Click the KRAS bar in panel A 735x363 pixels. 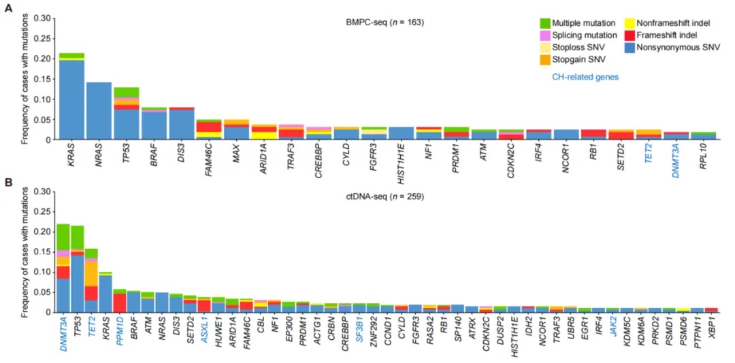(x=71, y=99)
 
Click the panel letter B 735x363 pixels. (x=8, y=182)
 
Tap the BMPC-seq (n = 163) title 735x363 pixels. (x=385, y=22)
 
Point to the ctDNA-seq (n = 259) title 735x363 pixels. (x=385, y=197)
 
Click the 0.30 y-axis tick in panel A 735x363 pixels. (x=41, y=18)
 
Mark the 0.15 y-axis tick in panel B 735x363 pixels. (x=41, y=252)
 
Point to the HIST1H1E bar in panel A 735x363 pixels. (x=401, y=133)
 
